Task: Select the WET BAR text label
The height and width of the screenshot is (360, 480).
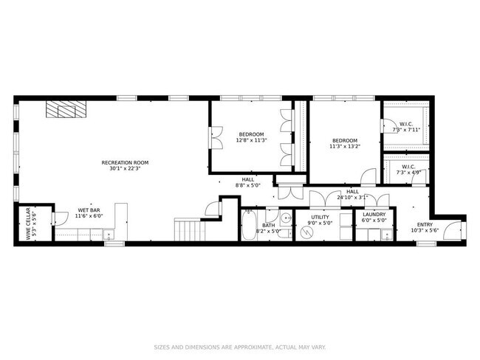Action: click(x=89, y=210)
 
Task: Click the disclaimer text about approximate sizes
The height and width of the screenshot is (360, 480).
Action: click(x=239, y=346)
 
